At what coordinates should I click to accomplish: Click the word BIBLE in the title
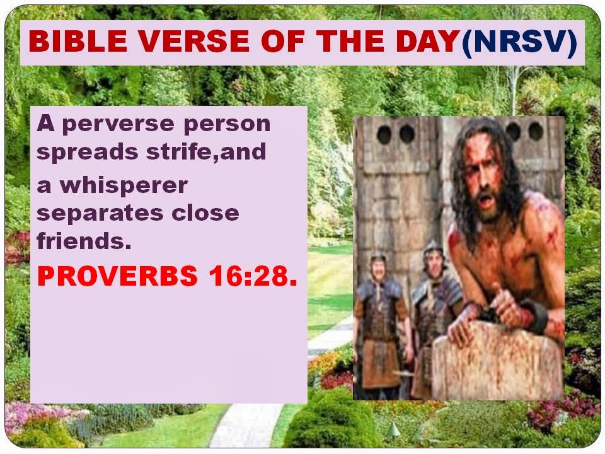point(78,42)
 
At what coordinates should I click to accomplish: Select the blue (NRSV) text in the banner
point(519,42)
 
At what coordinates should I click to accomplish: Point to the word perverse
point(118,125)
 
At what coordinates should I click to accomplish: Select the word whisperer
point(124,186)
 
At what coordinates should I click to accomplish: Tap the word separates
point(100,214)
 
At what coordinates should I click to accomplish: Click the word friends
point(84,240)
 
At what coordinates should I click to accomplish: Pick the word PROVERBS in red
point(118,276)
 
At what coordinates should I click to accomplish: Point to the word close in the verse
point(205,212)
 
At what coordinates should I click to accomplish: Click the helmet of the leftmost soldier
point(378,259)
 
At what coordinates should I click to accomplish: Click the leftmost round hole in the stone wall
point(384,135)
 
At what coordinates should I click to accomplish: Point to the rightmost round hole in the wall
point(536,131)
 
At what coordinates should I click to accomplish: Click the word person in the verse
point(227,125)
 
